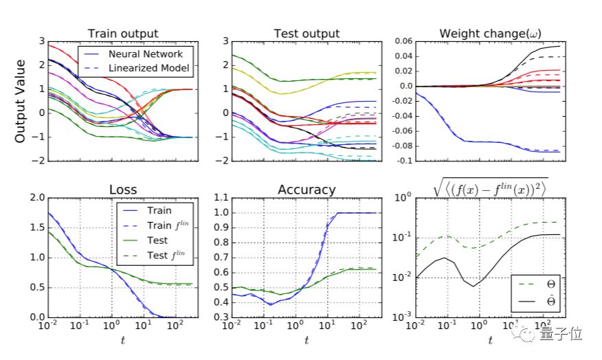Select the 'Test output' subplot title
click(x=306, y=33)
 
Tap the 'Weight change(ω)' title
click(x=484, y=33)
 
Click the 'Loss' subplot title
click(x=124, y=190)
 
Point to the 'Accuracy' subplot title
click(x=306, y=190)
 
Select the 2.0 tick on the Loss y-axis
click(x=37, y=199)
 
